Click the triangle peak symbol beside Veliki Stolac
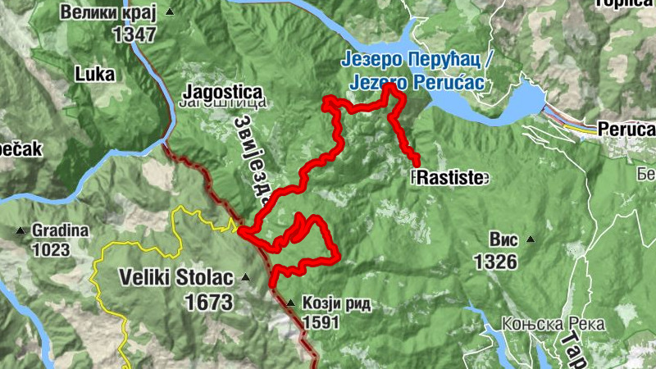(x=244, y=278)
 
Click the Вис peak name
(x=503, y=240)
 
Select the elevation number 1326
(x=495, y=262)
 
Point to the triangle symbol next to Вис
(x=530, y=240)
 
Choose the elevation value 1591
(x=321, y=322)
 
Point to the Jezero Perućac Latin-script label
(x=417, y=83)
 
